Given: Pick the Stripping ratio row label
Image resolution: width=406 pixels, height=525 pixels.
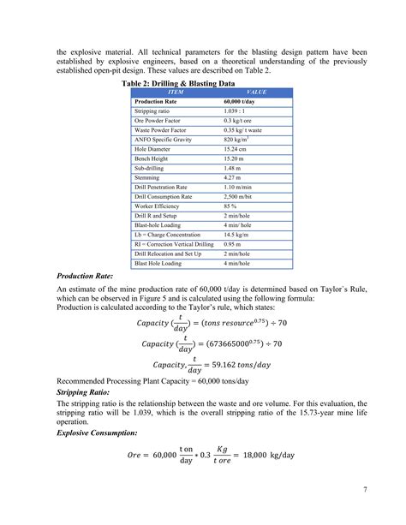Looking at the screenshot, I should pyautogui.click(x=154, y=112).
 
